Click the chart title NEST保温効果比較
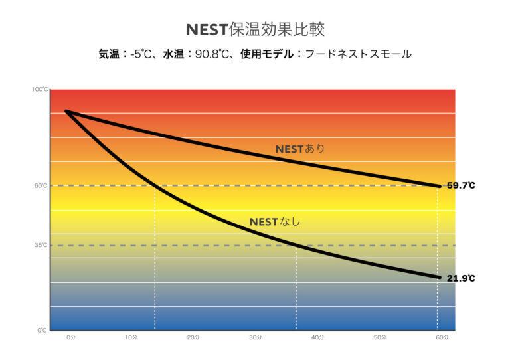click(x=255, y=30)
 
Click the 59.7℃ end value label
click(x=460, y=186)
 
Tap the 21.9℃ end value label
click(x=460, y=278)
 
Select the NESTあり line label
click(x=300, y=149)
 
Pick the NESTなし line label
click(x=274, y=221)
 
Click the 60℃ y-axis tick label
click(x=41, y=186)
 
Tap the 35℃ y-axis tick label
click(x=41, y=246)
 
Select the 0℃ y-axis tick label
click(x=42, y=330)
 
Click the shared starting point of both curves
click(x=66, y=111)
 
